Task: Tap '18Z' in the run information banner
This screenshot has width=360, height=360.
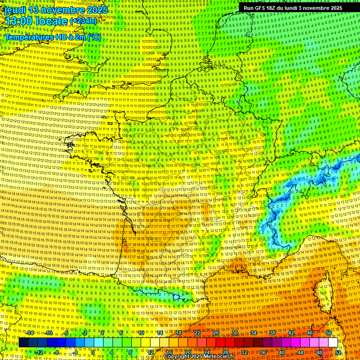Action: click(274, 8)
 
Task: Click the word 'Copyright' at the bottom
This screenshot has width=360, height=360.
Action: click(178, 357)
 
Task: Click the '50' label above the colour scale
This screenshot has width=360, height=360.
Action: click(328, 333)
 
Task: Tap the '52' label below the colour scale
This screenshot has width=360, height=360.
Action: click(338, 352)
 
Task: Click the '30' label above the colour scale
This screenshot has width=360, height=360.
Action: click(234, 333)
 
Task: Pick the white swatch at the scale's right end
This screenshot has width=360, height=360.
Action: click(333, 343)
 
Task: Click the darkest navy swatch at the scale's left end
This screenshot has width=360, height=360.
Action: click(23, 343)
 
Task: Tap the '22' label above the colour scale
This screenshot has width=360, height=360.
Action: click(197, 333)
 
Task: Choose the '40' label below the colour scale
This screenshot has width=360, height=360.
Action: click(281, 352)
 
